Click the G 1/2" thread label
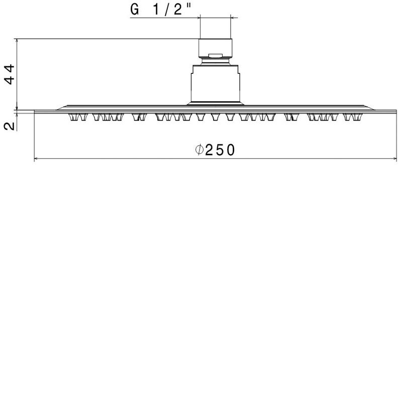click(x=161, y=10)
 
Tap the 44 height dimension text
click(x=10, y=74)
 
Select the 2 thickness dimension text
click(x=10, y=126)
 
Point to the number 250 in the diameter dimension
click(x=220, y=150)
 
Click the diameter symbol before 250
click(x=199, y=150)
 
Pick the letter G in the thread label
click(x=135, y=10)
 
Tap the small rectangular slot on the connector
click(x=216, y=56)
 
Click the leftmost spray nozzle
click(x=73, y=117)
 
